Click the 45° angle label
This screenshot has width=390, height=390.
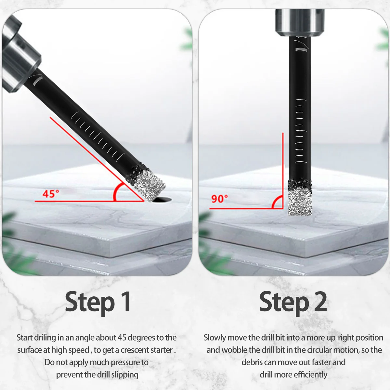51,194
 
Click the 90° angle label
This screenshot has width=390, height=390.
219,199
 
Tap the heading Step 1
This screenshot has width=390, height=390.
98,303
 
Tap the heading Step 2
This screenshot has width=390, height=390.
293,303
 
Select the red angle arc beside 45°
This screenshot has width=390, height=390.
116,191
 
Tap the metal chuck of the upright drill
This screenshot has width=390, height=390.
300,23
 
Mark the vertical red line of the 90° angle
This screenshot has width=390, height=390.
283,171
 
